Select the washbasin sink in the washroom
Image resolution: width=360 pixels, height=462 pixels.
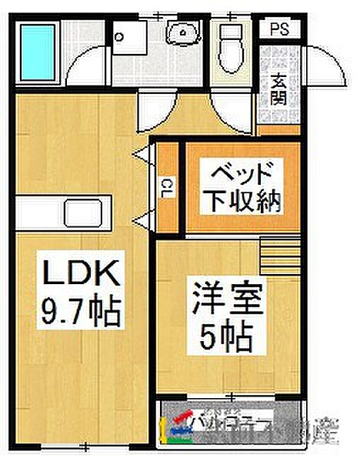(183, 32)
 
